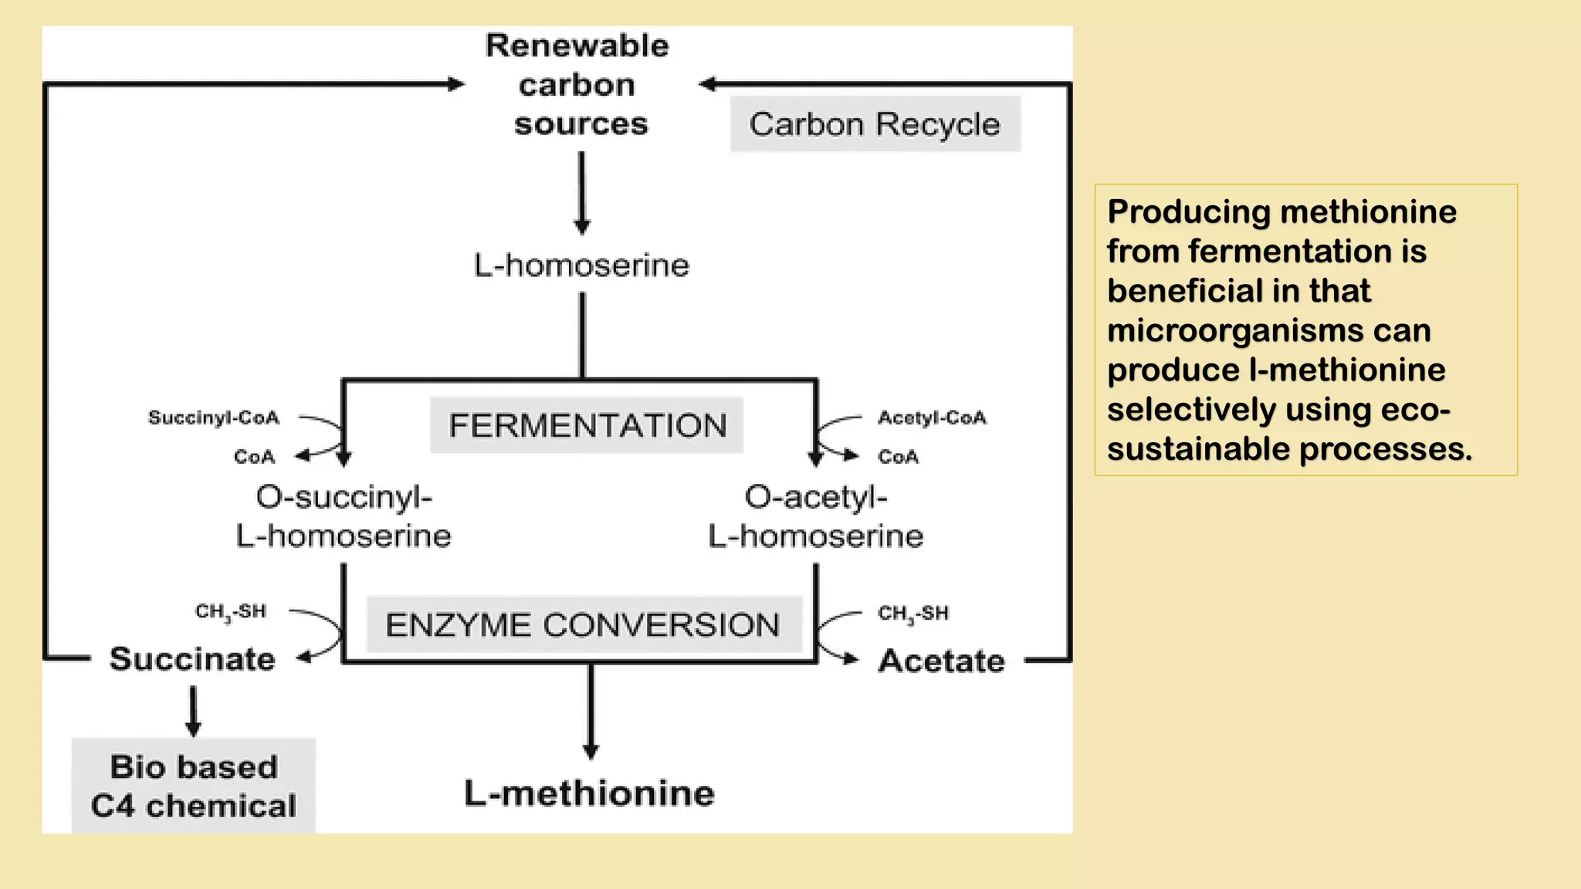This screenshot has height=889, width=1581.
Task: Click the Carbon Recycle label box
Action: point(875,124)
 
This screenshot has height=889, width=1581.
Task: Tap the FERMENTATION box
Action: point(587,425)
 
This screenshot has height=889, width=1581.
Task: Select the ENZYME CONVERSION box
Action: point(584,625)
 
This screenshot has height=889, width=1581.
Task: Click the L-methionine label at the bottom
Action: point(589,793)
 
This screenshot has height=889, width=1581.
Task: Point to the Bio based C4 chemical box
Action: point(194,786)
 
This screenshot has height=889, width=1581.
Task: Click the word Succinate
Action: point(192,659)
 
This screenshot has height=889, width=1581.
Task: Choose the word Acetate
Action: point(941,661)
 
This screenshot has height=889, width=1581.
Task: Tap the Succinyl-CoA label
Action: point(214,417)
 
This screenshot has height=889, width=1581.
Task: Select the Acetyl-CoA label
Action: point(932,417)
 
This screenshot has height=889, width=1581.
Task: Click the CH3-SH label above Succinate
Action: point(230,612)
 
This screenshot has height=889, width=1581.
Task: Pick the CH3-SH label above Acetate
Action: point(913,614)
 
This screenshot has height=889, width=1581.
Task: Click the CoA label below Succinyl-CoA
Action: point(254,457)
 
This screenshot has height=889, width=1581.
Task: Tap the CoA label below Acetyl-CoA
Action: point(898,457)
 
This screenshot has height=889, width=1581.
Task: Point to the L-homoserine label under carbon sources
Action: point(581,265)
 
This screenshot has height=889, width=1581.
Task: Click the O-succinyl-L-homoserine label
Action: point(344,516)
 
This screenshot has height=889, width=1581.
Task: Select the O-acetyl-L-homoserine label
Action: point(815,516)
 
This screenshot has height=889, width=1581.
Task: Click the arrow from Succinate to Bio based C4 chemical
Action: point(193,711)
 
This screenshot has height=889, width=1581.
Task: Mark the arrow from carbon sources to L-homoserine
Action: point(582,193)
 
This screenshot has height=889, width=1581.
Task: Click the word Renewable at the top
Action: point(577,46)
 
